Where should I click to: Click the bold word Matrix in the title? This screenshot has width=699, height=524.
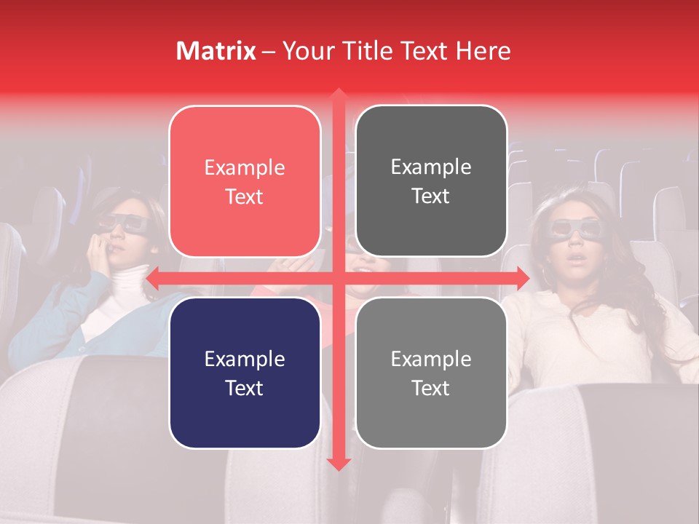click(x=216, y=51)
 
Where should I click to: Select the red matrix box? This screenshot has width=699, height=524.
click(x=245, y=182)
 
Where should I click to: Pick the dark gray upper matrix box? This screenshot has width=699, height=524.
click(x=431, y=181)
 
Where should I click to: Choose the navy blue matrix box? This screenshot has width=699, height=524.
click(x=245, y=373)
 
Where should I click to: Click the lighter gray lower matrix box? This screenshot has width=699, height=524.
click(x=431, y=373)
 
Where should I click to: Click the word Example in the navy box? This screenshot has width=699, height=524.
click(x=245, y=359)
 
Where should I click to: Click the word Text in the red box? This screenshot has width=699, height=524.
click(x=245, y=197)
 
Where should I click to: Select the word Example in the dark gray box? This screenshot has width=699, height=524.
click(x=431, y=167)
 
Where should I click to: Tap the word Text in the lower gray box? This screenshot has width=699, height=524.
click(x=431, y=388)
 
